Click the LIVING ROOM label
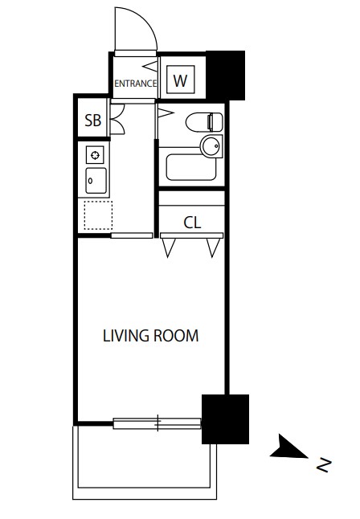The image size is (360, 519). (151, 336)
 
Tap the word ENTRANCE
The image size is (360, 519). (136, 84)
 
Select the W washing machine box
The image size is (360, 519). (181, 80)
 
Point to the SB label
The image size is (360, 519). (92, 121)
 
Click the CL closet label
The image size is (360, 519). (192, 223)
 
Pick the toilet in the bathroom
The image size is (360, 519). (204, 122)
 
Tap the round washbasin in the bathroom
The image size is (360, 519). (211, 146)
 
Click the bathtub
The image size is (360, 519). (191, 167)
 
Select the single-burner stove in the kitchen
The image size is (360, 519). (95, 155)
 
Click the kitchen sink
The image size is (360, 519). (96, 181)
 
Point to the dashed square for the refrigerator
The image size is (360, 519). (98, 215)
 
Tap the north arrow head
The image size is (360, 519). (288, 447)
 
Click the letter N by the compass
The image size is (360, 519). (324, 465)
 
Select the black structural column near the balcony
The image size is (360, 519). (225, 419)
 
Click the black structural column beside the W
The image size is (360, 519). (226, 76)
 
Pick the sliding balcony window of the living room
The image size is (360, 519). (157, 423)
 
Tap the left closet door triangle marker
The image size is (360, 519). (169, 247)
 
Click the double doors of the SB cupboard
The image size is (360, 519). (117, 119)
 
